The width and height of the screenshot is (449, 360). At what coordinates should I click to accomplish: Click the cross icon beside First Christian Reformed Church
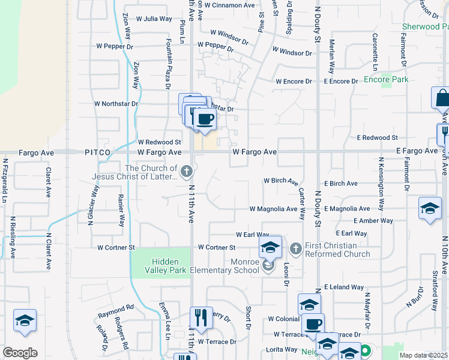click(295, 248)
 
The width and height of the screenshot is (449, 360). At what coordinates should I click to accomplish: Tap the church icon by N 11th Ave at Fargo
click(187, 173)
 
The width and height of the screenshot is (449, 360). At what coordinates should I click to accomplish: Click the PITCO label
click(98, 152)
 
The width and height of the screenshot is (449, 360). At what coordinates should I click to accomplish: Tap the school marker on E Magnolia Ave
click(430, 208)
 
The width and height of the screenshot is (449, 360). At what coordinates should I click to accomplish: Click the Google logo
click(20, 353)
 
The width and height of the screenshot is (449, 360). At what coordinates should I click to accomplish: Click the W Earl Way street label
click(252, 235)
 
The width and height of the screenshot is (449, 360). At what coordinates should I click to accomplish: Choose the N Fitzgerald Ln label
click(5, 179)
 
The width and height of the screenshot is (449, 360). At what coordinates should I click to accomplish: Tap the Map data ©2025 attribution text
click(423, 355)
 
